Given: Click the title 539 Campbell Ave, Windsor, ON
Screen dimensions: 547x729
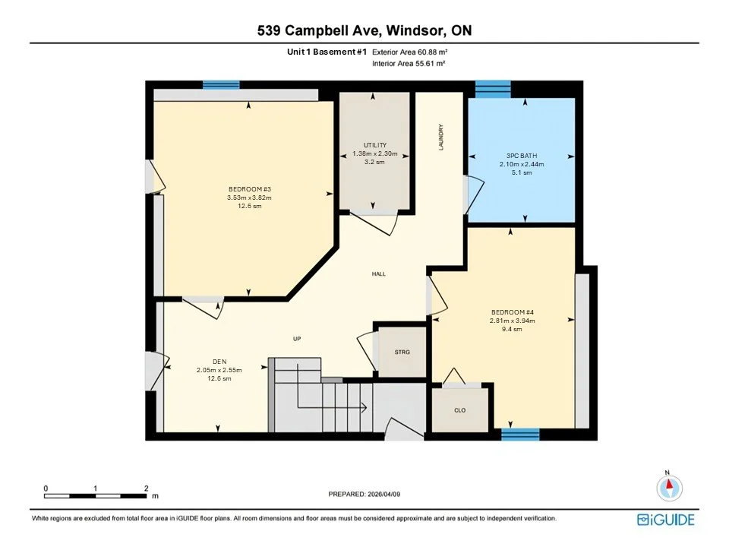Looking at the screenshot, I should [364, 30].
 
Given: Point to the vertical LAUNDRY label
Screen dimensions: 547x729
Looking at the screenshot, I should [440, 137].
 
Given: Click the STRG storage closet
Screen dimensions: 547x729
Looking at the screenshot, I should [402, 353].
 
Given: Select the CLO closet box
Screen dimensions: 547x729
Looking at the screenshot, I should [459, 410].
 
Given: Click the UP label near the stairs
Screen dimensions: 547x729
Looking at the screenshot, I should [298, 339].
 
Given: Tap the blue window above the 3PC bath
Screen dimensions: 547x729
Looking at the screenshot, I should [493, 88].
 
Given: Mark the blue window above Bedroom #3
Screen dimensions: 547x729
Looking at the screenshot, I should [221, 85].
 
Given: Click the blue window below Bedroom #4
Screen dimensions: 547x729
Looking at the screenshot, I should [520, 435].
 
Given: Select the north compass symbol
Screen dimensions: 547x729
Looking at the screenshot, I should [668, 486].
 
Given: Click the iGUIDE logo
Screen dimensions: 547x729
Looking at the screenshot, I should [665, 520].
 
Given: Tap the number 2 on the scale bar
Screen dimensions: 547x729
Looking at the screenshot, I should [146, 488].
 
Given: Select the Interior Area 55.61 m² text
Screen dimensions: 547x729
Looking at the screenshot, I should [409, 65].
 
